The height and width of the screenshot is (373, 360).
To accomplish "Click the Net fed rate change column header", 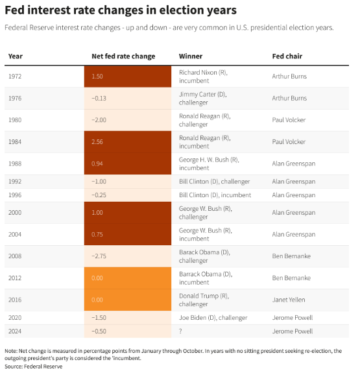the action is point(123,56).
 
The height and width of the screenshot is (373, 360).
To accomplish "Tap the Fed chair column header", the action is point(287,56).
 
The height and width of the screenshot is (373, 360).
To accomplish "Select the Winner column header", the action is point(191,56).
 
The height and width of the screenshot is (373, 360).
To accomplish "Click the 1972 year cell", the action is point(15,77).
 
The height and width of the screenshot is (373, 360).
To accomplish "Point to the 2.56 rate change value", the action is point(97,142).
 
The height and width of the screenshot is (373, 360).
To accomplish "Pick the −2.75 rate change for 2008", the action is point(99,256).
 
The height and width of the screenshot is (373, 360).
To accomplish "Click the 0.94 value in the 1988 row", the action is point(97,163).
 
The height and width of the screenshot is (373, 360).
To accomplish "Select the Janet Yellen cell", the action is point(289,300).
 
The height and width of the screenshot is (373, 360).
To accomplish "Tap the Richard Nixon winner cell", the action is point(203,77).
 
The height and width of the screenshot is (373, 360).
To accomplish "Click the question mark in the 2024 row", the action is point(180,331).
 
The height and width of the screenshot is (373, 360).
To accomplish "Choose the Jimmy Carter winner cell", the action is point(203,99).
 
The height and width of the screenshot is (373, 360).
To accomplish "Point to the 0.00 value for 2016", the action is point(97,300).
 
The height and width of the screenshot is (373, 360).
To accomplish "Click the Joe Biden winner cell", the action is point(213,318).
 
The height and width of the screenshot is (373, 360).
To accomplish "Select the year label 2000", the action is point(15,212).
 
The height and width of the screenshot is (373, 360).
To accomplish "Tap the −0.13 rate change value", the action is point(99,98).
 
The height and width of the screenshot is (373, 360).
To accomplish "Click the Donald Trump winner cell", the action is point(204,300).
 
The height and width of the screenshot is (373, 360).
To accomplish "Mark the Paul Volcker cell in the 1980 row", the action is point(289,120).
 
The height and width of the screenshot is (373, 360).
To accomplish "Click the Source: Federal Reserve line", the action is point(34,367).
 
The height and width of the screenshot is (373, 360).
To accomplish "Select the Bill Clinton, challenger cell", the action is point(215,182).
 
